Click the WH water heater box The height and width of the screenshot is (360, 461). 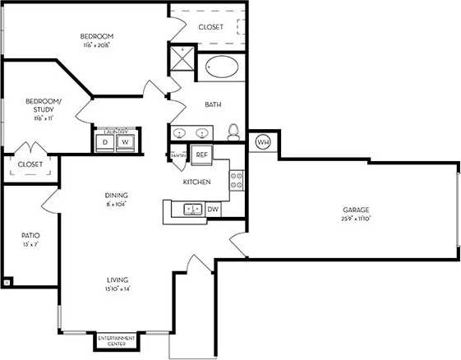pos(263,142)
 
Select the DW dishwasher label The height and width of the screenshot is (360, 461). pos(213,210)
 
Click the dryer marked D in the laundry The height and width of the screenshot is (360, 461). pos(105,142)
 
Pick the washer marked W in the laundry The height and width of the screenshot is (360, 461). pos(126,142)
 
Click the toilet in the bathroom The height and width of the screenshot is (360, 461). pos(233,132)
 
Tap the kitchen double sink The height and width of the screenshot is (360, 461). pos(193,210)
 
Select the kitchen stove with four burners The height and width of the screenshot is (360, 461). pos(237,179)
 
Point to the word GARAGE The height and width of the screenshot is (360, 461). pos(355,210)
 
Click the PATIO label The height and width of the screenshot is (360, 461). pos(30,235)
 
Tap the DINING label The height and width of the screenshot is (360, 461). pos(116,195)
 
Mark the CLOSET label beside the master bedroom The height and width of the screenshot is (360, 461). pos(210,27)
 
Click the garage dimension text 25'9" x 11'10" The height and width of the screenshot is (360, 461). pos(356,219)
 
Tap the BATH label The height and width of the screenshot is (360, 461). pos(214,105)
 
